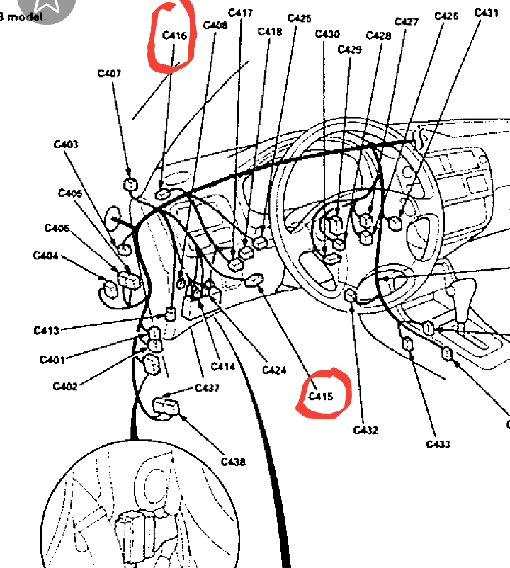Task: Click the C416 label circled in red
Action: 174,35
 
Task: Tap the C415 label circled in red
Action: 321,397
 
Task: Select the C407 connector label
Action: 109,73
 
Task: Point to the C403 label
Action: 66,144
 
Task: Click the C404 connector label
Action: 45,256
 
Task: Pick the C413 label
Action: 46,330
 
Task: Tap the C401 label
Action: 52,360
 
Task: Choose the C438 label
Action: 233,462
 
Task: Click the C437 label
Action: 207,387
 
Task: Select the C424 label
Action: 274,370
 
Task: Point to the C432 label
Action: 365,430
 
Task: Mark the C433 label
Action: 438,444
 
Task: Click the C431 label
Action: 486,13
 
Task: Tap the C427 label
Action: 406,22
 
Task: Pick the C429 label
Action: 349,50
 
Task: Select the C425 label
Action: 299,18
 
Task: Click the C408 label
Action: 215,25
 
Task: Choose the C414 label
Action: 223,367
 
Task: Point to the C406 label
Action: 57,228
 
